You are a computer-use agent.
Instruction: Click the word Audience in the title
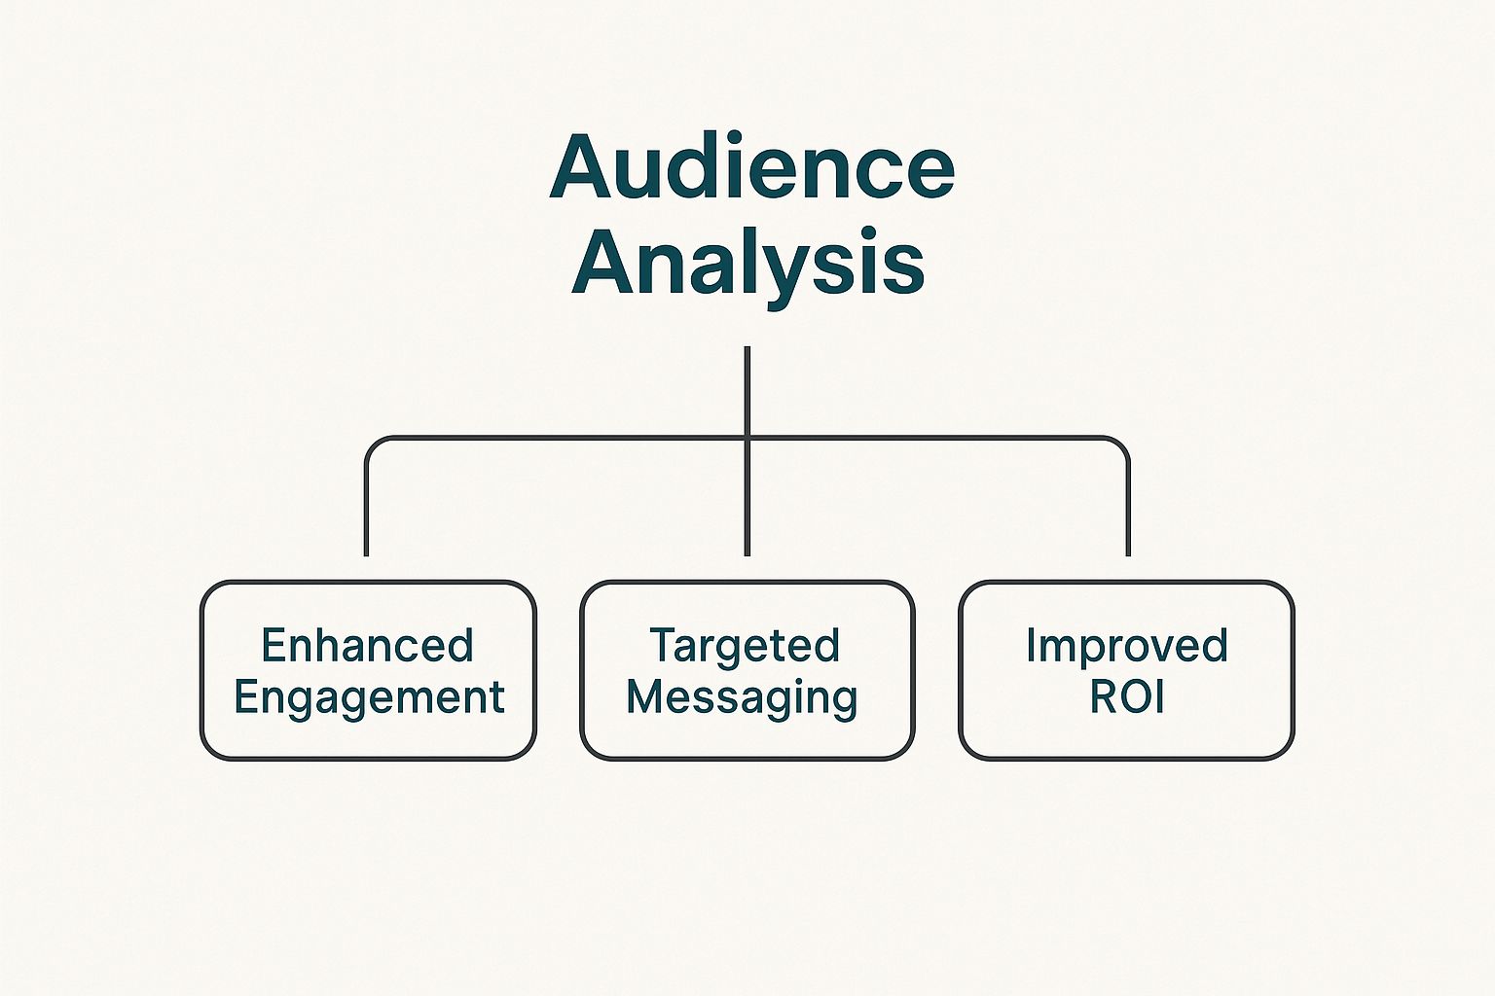pyautogui.click(x=752, y=166)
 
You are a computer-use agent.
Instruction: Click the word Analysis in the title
pyautogui.click(x=748, y=268)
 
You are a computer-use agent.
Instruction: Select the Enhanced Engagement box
pyautogui.click(x=369, y=670)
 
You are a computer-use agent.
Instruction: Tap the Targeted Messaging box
pyautogui.click(x=747, y=670)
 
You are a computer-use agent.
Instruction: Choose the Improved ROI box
pyautogui.click(x=1126, y=670)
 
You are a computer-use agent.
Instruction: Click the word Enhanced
pyautogui.click(x=368, y=645)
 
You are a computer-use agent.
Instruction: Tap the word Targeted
pyautogui.click(x=745, y=645)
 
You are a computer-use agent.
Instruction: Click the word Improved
pyautogui.click(x=1126, y=646)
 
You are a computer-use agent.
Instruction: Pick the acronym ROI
pyautogui.click(x=1127, y=697)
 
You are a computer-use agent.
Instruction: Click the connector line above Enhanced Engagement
pyautogui.click(x=366, y=507)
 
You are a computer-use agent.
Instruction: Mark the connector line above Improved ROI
pyautogui.click(x=1129, y=507)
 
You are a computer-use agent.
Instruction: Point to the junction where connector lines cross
pyautogui.click(x=747, y=439)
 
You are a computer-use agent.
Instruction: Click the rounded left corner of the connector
pyautogui.click(x=373, y=445)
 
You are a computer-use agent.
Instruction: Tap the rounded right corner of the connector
pyautogui.click(x=1121, y=445)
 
